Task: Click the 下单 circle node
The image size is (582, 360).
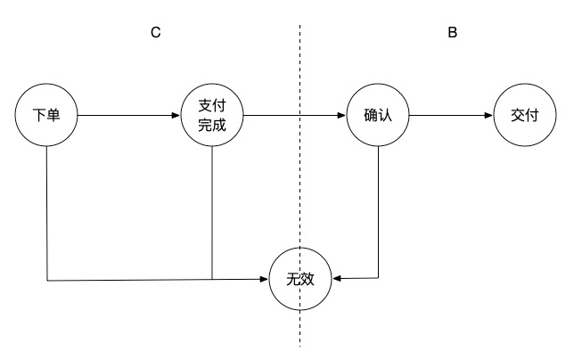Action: click(x=45, y=116)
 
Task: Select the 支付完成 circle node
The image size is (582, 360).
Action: click(x=212, y=116)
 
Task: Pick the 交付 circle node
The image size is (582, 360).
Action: click(x=524, y=116)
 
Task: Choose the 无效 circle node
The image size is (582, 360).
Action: click(x=301, y=279)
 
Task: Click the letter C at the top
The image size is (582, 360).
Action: click(x=155, y=33)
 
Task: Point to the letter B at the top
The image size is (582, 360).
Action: click(x=452, y=33)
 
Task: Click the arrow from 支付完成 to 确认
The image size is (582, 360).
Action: click(x=294, y=116)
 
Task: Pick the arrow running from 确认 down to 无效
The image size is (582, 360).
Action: click(x=381, y=214)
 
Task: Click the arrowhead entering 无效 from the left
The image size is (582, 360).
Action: click(x=265, y=279)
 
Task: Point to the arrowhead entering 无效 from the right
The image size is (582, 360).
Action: click(x=338, y=279)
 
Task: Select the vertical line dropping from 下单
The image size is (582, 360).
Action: click(x=45, y=214)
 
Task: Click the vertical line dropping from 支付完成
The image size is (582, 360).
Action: click(x=212, y=214)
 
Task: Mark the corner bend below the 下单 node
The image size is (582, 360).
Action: click(x=45, y=281)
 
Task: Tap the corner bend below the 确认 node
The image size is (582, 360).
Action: click(x=381, y=278)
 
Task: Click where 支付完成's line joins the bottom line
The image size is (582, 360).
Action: click(x=212, y=280)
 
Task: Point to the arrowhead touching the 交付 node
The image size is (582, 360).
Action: click(x=488, y=116)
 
